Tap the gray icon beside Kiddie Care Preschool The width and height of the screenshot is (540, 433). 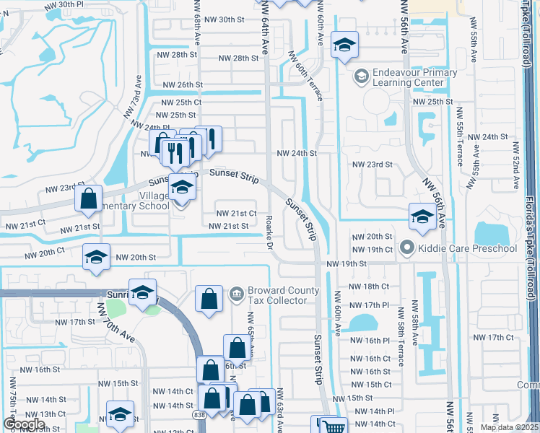click(406, 249)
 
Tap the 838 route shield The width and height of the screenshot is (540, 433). click(199, 415)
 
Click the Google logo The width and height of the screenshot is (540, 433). click(23, 424)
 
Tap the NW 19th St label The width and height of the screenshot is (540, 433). click(342, 264)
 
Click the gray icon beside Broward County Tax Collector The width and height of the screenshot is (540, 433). click(235, 294)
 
